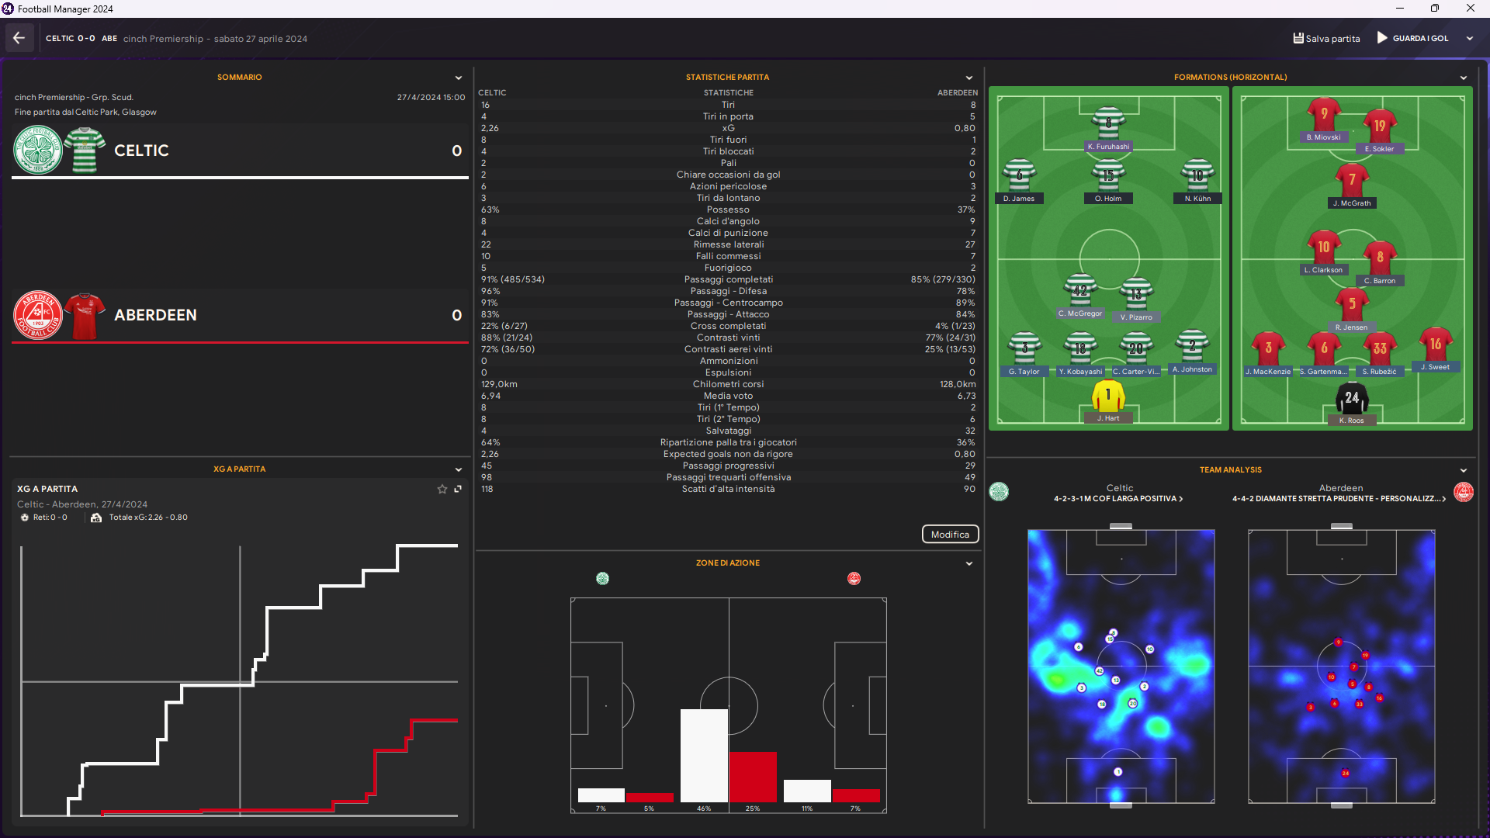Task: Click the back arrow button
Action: (19, 38)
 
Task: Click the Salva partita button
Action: (1326, 38)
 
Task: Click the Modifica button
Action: (950, 535)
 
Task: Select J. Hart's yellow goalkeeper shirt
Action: (1108, 397)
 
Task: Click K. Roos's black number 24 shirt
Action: (1352, 399)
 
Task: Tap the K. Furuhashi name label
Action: (1108, 147)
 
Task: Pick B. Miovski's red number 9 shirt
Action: (1324, 115)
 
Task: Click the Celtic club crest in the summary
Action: (38, 151)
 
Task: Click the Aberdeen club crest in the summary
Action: (38, 315)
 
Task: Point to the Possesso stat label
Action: (728, 209)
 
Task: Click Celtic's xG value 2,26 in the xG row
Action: (490, 128)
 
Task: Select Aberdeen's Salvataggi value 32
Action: (970, 431)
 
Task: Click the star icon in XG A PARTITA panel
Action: (442, 489)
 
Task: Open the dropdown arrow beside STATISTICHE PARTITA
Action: (969, 78)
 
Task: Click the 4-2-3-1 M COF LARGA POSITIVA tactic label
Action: (1117, 499)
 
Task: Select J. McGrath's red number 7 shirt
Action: (1352, 180)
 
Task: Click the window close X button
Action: (1470, 9)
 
